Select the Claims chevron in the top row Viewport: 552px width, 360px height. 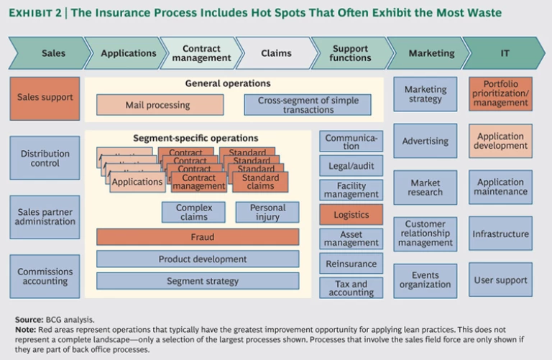276,53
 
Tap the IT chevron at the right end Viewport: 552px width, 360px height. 504,53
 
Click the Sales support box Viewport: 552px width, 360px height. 45,98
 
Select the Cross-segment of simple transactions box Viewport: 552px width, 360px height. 307,105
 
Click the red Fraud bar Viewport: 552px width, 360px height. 198,236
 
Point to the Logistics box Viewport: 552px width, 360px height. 351,214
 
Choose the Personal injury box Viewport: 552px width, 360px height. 267,212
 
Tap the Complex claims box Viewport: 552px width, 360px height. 194,212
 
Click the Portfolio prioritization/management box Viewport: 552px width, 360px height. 501,94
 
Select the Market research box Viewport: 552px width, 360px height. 425,188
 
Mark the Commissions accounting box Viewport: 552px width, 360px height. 45,277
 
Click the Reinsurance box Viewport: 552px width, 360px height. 351,264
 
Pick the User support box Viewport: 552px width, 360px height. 501,280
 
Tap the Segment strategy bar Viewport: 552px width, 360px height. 198,281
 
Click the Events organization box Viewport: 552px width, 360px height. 425,280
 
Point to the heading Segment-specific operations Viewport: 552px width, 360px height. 195,137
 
